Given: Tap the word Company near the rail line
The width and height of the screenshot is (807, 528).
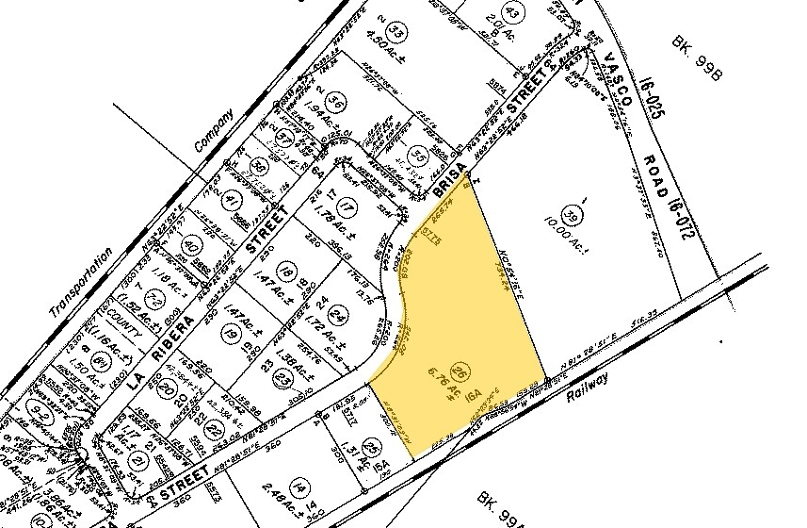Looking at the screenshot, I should click(212, 131).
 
